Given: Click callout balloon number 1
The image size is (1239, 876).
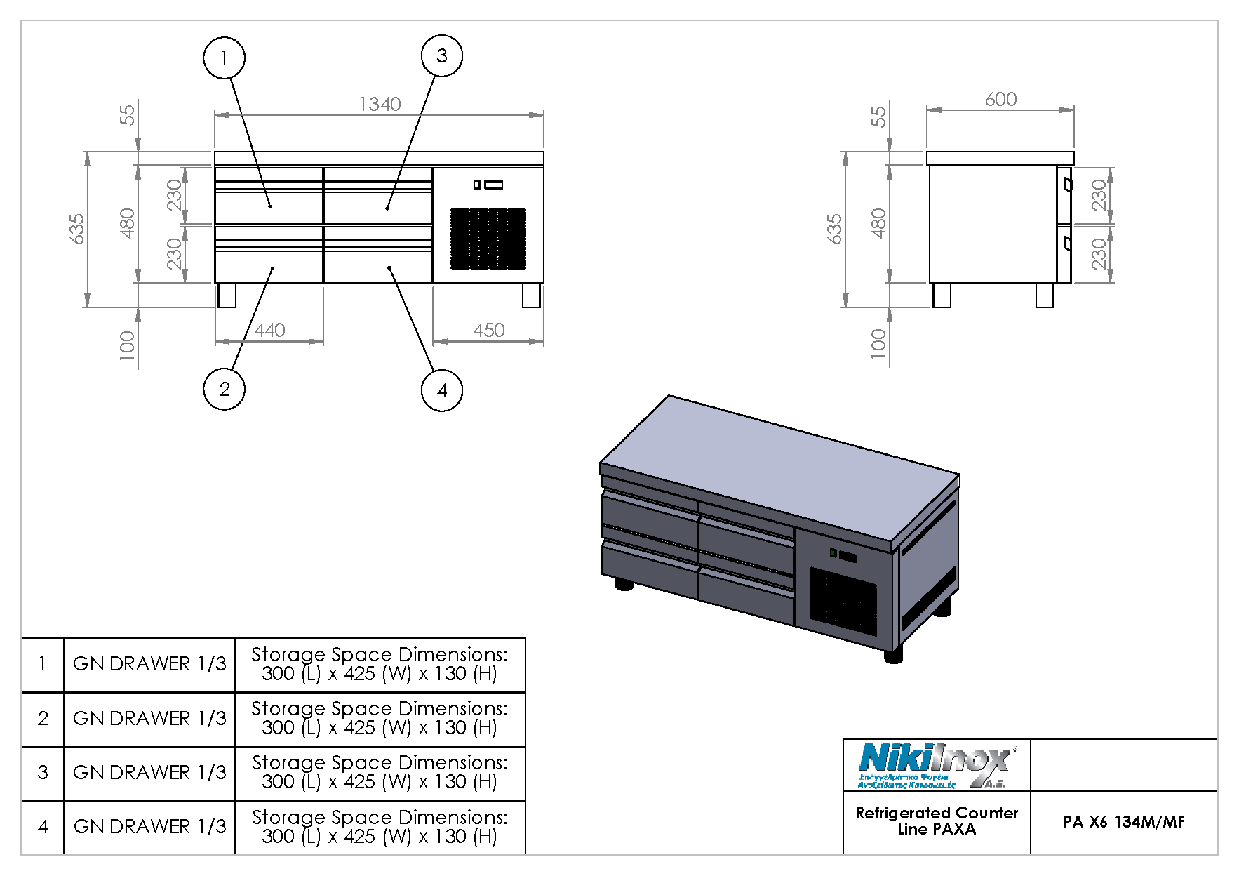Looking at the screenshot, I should coord(224,58).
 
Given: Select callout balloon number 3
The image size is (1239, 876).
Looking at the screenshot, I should coord(441,55).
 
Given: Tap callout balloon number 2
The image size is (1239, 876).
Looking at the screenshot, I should coord(224,389).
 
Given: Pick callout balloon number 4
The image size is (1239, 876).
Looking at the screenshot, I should coord(441,390).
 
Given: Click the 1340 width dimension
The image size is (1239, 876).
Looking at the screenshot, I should coord(380,105).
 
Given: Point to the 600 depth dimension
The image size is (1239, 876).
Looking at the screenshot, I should coord(1000,100).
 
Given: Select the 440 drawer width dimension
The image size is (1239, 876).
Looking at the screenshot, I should coord(269,330).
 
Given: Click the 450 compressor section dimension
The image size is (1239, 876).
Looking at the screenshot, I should coord(488,330).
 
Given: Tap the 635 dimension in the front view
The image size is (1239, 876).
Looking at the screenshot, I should coord(77,229).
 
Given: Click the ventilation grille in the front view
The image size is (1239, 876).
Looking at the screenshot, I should coord(488,238).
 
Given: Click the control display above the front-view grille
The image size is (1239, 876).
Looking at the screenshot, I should coord(488,185).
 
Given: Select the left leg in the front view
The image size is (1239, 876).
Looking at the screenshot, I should coord(227,295).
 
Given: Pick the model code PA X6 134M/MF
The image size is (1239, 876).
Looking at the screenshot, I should coord(1123,822).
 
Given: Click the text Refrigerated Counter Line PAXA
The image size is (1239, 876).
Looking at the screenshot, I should coord(936,821).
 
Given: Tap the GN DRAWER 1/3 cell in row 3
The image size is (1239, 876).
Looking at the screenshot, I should coord(149,773).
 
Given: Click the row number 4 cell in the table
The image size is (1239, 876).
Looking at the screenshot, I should coord(43,827).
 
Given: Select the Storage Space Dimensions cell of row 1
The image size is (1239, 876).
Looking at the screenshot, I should coord(380,664).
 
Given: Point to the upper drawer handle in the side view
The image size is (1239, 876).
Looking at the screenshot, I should coord(1067,185).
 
